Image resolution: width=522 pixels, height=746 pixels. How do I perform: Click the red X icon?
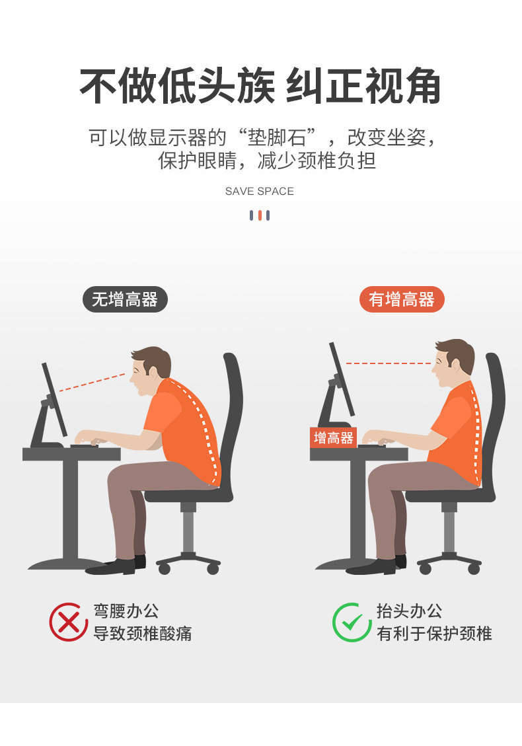69,622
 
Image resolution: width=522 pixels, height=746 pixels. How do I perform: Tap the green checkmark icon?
352,622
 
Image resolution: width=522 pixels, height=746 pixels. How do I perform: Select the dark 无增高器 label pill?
125,299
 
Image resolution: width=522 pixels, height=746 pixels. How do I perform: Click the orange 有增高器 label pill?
402,299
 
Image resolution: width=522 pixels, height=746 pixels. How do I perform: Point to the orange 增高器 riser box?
333,437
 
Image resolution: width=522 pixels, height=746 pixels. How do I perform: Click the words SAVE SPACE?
260,192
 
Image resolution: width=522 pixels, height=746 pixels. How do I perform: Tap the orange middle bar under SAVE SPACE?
260,215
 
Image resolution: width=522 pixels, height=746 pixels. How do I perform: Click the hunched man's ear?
156,370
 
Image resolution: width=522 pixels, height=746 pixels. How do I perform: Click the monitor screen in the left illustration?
55,399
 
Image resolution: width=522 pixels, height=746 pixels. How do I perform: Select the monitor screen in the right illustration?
342,379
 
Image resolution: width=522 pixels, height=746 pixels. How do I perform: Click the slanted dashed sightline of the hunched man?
93,383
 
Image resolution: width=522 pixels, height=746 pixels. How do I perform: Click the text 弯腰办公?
126,611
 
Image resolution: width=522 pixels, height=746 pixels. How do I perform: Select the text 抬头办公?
409,611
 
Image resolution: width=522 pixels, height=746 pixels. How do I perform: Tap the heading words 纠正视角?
363,87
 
